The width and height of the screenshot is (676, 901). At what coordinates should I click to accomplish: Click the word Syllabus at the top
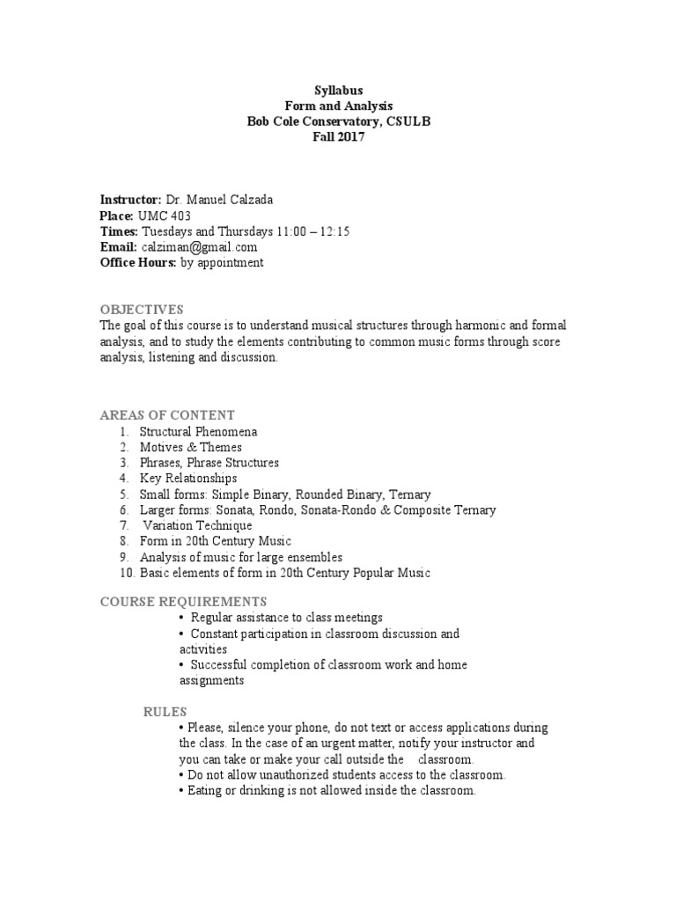338,90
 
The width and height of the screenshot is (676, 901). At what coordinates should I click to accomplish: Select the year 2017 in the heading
350,137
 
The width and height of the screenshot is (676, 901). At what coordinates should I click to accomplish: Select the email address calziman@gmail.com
198,247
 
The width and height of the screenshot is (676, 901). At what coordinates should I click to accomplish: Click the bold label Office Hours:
137,262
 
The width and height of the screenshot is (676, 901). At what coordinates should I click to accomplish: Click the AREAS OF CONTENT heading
167,414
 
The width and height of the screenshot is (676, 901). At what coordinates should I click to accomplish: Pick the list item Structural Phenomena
198,432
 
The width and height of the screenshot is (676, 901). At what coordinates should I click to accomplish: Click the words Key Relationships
188,479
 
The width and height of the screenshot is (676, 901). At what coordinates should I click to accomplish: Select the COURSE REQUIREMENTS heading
183,601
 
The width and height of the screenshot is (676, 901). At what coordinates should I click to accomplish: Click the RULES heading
165,711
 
